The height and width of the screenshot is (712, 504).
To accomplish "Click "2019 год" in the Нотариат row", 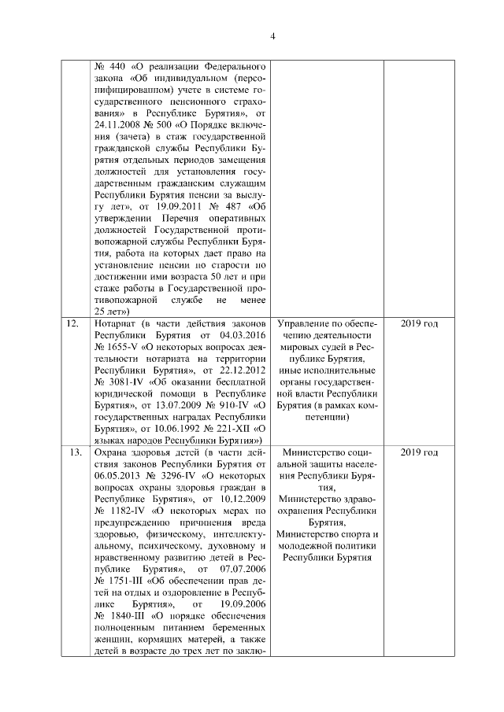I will (x=418, y=323).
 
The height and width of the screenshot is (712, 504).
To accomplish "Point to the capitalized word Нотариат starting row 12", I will (x=114, y=323).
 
